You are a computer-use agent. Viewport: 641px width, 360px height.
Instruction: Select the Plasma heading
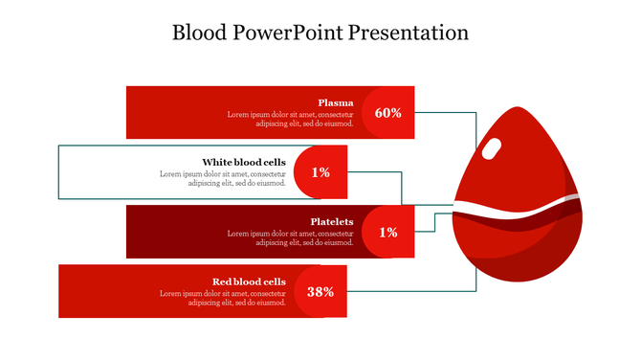336,102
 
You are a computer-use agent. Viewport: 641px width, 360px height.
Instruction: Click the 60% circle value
387,113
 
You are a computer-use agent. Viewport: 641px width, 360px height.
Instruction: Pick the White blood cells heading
244,162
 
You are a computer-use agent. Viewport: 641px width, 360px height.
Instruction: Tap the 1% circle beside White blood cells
320,172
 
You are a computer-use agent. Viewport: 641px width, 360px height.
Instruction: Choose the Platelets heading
332,221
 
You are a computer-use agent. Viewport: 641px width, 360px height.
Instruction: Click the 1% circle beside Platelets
387,232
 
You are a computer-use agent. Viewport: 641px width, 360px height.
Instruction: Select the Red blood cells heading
249,281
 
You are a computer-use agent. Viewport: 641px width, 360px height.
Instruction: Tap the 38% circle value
320,292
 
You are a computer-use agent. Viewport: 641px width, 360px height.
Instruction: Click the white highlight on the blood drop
493,148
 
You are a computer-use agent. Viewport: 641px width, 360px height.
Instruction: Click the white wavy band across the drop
517,209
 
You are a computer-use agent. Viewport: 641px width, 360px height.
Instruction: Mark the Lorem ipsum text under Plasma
291,119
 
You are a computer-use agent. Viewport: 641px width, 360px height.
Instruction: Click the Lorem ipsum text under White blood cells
223,178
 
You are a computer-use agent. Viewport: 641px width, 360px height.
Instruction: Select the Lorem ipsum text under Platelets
291,237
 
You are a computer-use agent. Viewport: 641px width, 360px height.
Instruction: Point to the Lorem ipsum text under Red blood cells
223,297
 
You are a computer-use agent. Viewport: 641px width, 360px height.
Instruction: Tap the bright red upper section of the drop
517,168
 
